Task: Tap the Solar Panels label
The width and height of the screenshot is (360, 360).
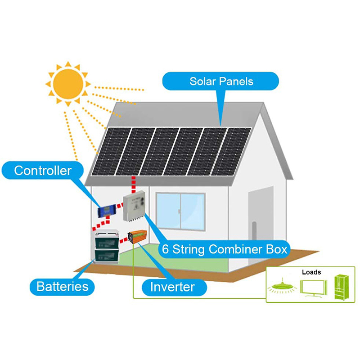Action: pyautogui.click(x=221, y=81)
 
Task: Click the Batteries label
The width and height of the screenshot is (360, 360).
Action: pyautogui.click(x=63, y=286)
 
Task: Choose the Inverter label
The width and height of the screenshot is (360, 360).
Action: pyautogui.click(x=172, y=287)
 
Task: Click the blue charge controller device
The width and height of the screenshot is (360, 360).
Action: pyautogui.click(x=108, y=209)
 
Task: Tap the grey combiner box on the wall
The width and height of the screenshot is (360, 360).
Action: pyautogui.click(x=135, y=205)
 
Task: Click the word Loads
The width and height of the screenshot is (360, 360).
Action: pyautogui.click(x=311, y=272)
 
